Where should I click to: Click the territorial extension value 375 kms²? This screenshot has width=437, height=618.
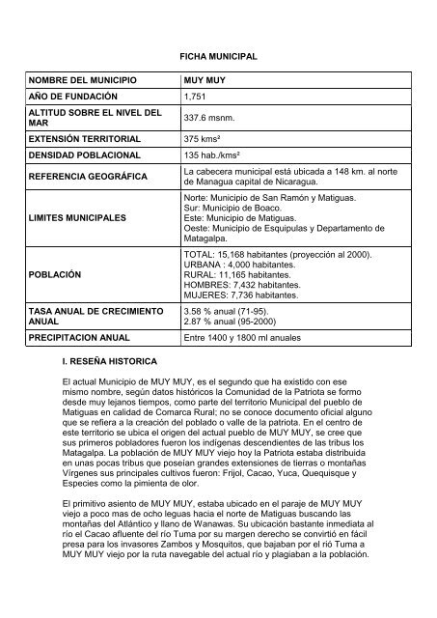pyautogui.click(x=202, y=138)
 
